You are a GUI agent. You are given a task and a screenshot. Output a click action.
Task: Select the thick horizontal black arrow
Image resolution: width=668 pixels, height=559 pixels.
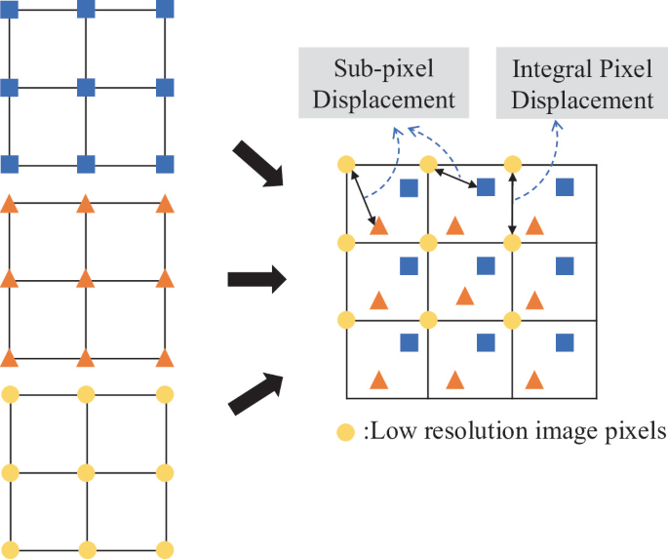(x=256, y=280)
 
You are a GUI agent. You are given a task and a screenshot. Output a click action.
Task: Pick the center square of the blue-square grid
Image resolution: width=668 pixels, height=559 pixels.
(x=86, y=87)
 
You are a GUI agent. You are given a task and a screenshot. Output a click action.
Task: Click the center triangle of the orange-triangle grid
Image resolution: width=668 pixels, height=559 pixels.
(x=86, y=280)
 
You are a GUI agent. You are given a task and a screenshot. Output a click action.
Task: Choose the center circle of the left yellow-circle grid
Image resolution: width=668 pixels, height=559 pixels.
(x=86, y=472)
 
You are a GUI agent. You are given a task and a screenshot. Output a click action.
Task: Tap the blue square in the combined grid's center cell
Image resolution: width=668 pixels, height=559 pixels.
(x=485, y=265)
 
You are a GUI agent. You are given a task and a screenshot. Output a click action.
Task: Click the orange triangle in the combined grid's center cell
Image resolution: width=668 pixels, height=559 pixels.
(x=464, y=296)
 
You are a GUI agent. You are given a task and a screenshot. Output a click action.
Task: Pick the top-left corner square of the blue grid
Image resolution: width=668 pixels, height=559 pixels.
(x=9, y=10)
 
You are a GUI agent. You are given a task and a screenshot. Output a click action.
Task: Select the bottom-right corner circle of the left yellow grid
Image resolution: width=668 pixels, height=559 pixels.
(x=164, y=548)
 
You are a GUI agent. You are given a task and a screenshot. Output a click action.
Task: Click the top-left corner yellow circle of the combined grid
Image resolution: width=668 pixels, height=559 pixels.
(x=344, y=164)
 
